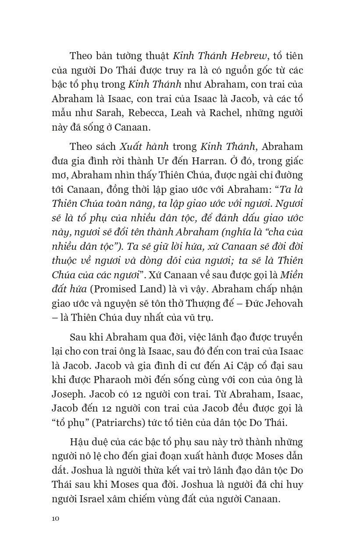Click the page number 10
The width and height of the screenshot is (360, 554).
(55, 518)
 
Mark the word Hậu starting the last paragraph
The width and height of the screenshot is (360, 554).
(79, 442)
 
